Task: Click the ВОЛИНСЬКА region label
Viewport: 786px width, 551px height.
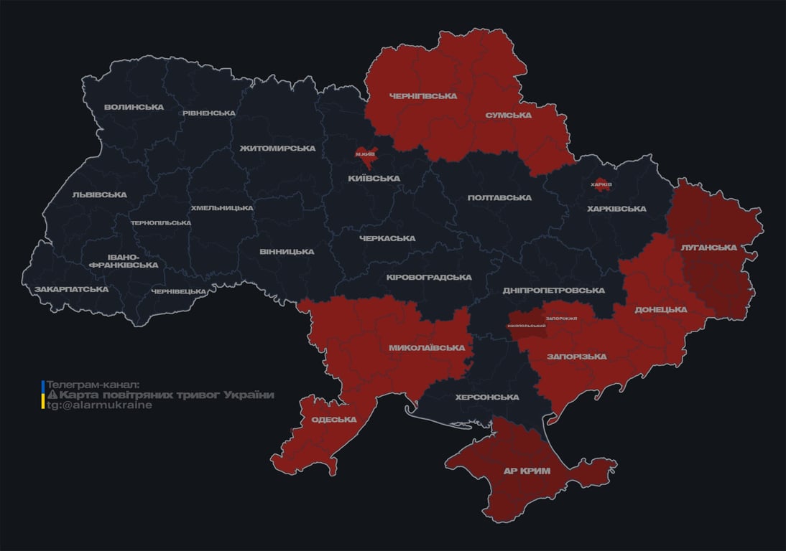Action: tap(134, 108)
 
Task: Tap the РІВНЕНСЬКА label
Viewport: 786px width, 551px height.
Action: tap(208, 113)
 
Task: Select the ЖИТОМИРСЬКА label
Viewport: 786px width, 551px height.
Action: tap(277, 149)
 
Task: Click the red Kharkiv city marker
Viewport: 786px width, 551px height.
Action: tap(601, 184)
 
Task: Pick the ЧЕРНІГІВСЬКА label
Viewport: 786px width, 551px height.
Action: tap(423, 96)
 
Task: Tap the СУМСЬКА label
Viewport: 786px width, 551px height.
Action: tap(508, 115)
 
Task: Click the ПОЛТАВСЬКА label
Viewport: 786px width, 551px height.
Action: tap(499, 198)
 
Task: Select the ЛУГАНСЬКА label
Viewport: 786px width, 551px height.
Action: tap(709, 248)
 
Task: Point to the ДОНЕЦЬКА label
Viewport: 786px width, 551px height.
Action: tap(660, 310)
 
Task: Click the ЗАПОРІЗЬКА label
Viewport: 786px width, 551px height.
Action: tap(576, 357)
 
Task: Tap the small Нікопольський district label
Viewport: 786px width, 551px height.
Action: tap(526, 326)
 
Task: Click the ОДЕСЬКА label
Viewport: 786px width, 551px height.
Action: tap(334, 420)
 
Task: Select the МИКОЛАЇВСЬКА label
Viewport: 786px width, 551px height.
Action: tap(427, 348)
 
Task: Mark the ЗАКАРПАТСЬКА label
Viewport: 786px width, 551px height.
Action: tap(71, 290)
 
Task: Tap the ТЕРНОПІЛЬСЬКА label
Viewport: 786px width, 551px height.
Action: tap(161, 223)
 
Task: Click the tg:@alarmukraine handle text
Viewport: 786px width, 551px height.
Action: tap(99, 405)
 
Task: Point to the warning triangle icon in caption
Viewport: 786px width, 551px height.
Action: tap(52, 395)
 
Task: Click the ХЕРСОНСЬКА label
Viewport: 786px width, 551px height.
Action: tap(486, 397)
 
